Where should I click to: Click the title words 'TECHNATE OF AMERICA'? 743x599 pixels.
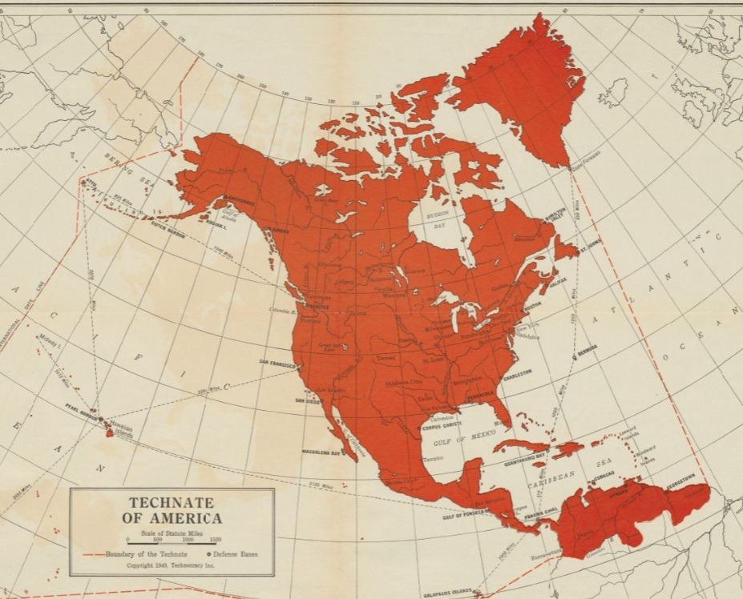[x=172, y=510]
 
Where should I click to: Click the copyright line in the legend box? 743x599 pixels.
[x=171, y=565]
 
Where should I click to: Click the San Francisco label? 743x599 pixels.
[x=276, y=362]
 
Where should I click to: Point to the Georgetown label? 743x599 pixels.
[x=689, y=479]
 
